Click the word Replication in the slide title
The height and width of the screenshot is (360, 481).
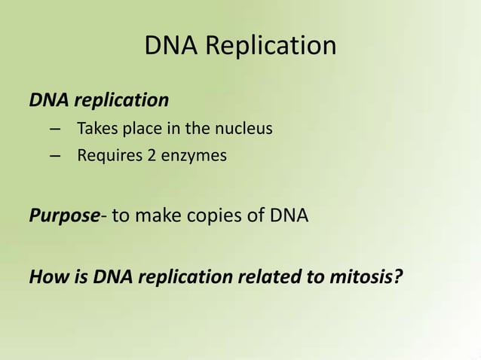(271, 47)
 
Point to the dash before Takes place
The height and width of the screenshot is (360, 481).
(54, 129)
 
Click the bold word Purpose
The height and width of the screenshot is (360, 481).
(64, 216)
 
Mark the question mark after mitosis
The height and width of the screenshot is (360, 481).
(397, 276)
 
